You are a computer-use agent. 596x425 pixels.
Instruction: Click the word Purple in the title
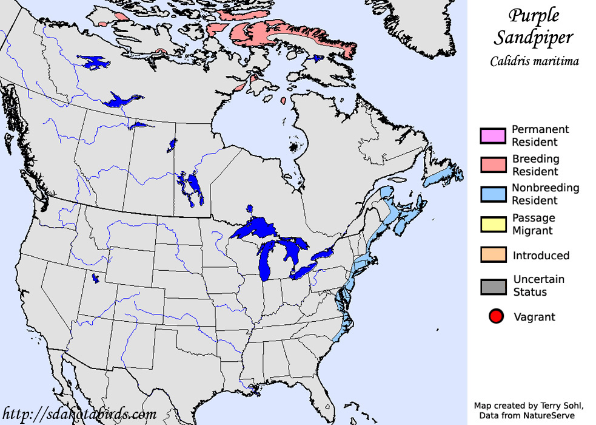533,15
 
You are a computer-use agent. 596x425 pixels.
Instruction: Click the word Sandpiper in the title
533,38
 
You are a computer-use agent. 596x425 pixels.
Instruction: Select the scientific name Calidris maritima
534,61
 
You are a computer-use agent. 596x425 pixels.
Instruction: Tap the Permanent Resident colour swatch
493,135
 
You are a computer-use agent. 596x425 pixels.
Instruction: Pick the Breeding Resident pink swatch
493,165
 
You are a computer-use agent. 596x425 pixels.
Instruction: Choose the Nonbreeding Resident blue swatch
493,194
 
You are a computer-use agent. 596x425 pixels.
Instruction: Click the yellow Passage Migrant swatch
493,224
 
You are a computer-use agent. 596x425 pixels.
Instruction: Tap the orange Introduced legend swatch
493,255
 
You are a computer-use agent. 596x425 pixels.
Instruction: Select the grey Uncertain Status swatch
493,286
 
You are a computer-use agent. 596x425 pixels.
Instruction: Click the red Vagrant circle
496,316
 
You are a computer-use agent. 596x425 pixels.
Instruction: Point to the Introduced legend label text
541,256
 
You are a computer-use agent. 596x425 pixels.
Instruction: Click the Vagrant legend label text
534,317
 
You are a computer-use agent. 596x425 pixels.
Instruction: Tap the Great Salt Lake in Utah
95,279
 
